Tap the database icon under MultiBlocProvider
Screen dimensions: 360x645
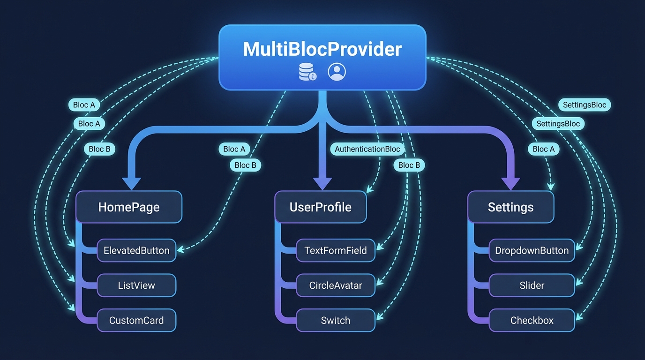307,72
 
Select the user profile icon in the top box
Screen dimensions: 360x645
337,72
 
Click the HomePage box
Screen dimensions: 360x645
129,207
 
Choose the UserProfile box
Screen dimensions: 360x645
321,207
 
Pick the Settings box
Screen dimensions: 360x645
510,207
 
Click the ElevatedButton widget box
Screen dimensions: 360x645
136,250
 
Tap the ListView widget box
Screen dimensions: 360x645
136,285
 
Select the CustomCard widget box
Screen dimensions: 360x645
136,321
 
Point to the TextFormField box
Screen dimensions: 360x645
336,250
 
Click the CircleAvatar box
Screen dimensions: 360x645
336,285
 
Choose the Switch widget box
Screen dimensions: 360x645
336,321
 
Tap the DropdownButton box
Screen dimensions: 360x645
532,250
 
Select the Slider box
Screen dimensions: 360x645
532,285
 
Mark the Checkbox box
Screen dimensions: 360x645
532,321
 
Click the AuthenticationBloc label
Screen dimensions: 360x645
367,149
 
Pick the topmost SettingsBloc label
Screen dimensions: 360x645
584,105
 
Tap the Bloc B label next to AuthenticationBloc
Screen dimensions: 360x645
409,165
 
